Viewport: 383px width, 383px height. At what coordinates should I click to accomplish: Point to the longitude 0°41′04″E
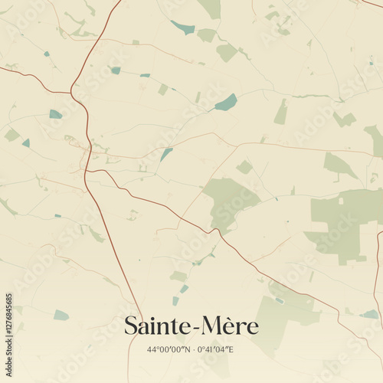215,350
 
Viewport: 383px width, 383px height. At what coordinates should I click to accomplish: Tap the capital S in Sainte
131,326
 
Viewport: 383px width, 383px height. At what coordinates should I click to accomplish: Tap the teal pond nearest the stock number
61,315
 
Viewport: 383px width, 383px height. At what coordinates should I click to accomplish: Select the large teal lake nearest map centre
226,102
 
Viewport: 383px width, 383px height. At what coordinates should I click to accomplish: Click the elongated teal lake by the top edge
183,28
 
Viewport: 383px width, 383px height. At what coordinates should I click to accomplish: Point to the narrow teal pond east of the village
165,154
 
